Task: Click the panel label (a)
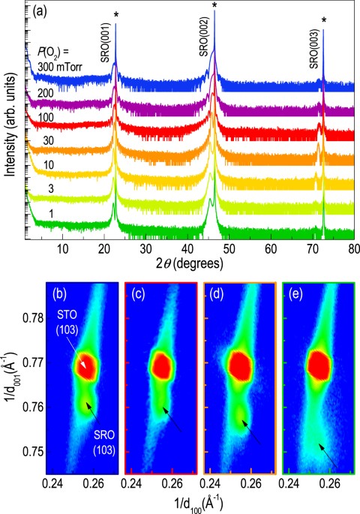coord(40,13)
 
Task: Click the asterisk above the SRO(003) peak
coord(324,21)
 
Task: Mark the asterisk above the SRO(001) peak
coord(115,16)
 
